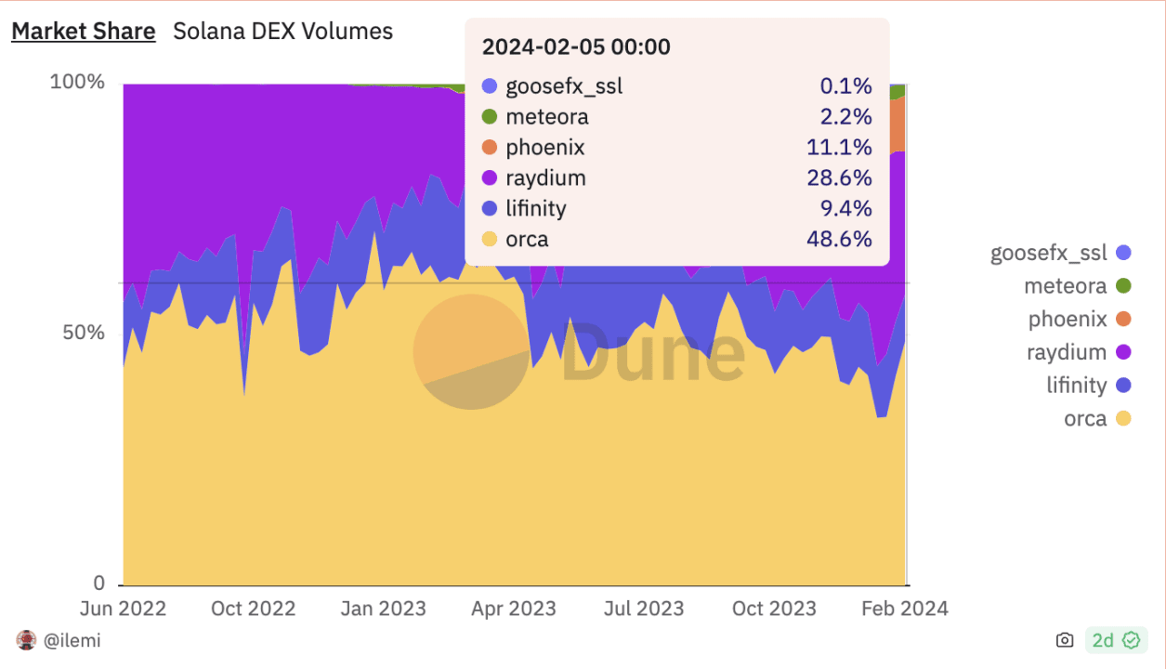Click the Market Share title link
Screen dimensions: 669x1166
point(83,32)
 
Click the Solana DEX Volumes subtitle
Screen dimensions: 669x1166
point(283,32)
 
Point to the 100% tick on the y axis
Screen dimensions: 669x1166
point(77,82)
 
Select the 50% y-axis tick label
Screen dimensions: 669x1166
point(84,333)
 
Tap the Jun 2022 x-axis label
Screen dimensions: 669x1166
point(123,609)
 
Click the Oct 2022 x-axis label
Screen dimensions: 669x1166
point(253,609)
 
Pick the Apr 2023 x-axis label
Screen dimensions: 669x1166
point(513,609)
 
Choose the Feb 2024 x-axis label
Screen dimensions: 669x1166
point(904,609)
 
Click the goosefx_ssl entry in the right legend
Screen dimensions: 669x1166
point(1049,252)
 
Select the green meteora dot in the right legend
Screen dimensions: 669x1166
point(1123,286)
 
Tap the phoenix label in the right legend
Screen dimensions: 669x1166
point(1068,320)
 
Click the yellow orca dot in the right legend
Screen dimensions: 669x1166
point(1123,419)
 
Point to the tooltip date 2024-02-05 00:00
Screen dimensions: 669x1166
point(576,47)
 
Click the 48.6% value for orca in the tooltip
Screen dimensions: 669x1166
point(839,240)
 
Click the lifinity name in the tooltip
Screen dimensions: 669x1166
point(536,209)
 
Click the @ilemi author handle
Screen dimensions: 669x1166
point(72,640)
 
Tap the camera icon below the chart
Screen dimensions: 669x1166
point(1065,640)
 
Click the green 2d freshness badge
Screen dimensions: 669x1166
point(1116,640)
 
